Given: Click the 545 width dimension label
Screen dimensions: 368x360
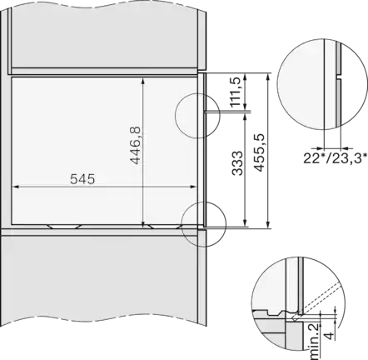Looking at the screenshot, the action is (x=82, y=179).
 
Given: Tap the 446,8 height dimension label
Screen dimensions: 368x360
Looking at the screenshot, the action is (x=136, y=145).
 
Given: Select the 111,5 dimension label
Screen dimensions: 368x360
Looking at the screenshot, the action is (x=235, y=92).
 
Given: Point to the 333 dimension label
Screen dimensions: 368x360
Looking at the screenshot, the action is (x=237, y=163).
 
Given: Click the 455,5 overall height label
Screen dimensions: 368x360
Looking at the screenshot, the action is (x=259, y=152).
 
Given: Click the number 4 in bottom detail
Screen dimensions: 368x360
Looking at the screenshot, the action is (x=330, y=336).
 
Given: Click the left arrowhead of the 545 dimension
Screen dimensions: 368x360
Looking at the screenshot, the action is (x=16, y=187).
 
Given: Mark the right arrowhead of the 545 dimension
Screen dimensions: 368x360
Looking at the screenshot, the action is (x=193, y=187).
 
